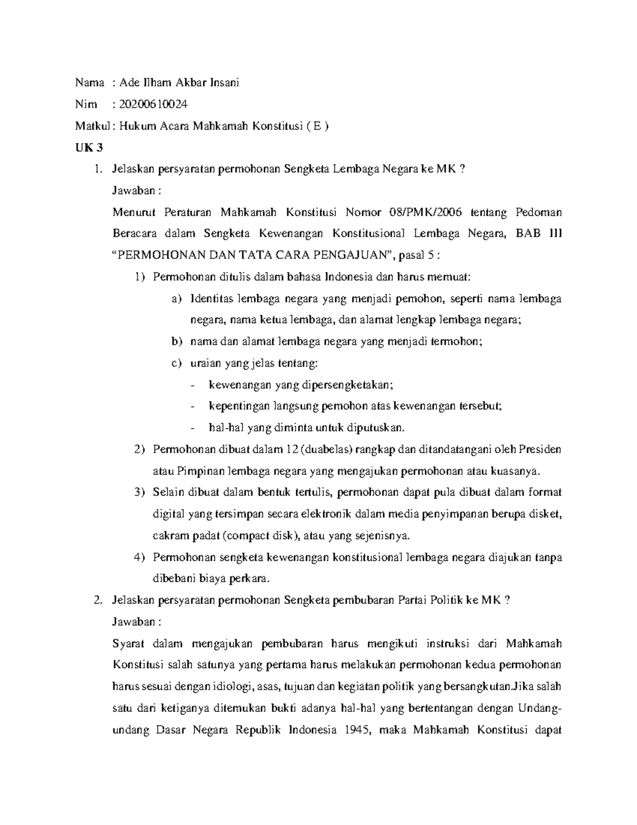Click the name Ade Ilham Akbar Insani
179,82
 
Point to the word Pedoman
538,212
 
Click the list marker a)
176,299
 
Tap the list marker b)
176,342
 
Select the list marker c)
176,363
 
